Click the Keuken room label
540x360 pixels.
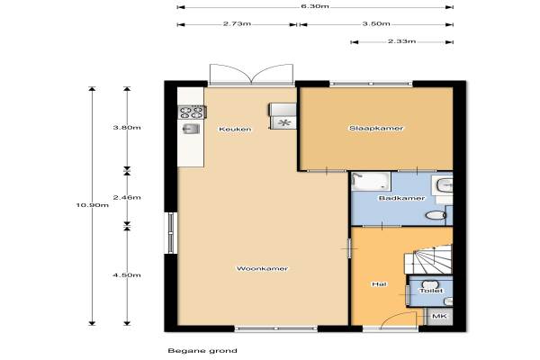click(235, 130)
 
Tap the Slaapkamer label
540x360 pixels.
click(376, 128)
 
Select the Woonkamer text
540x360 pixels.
click(262, 268)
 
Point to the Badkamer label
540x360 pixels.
click(401, 198)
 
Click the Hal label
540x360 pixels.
click(379, 284)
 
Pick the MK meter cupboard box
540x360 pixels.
click(439, 316)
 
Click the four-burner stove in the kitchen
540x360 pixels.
click(192, 112)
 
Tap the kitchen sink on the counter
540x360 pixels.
click(191, 129)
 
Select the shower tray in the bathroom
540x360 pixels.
click(371, 181)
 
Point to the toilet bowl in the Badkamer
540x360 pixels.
click(436, 216)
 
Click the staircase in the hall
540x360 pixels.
click(428, 259)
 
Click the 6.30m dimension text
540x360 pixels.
click(315, 6)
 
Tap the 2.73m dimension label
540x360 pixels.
click(237, 23)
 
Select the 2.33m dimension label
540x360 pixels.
click(402, 41)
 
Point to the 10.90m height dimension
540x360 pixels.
click(93, 205)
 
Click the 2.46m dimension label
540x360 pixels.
click(127, 197)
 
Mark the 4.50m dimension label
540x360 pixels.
click(127, 275)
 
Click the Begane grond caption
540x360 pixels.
click(202, 351)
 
